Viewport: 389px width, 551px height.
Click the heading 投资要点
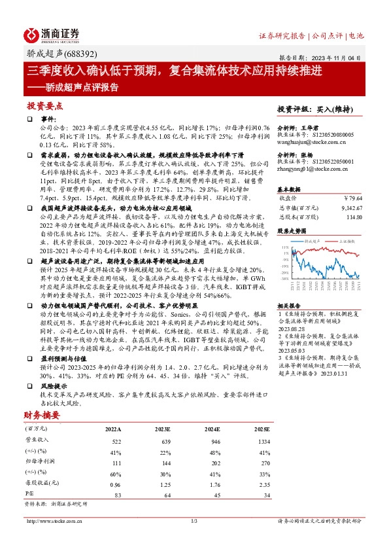coord(45,105)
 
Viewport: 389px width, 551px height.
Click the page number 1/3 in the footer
coord(194,521)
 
